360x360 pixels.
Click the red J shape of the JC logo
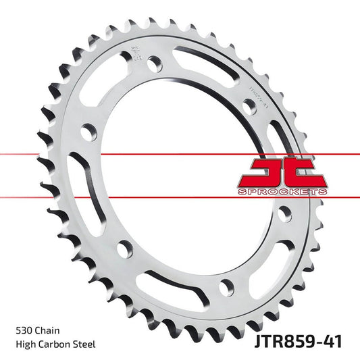tap(261, 172)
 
